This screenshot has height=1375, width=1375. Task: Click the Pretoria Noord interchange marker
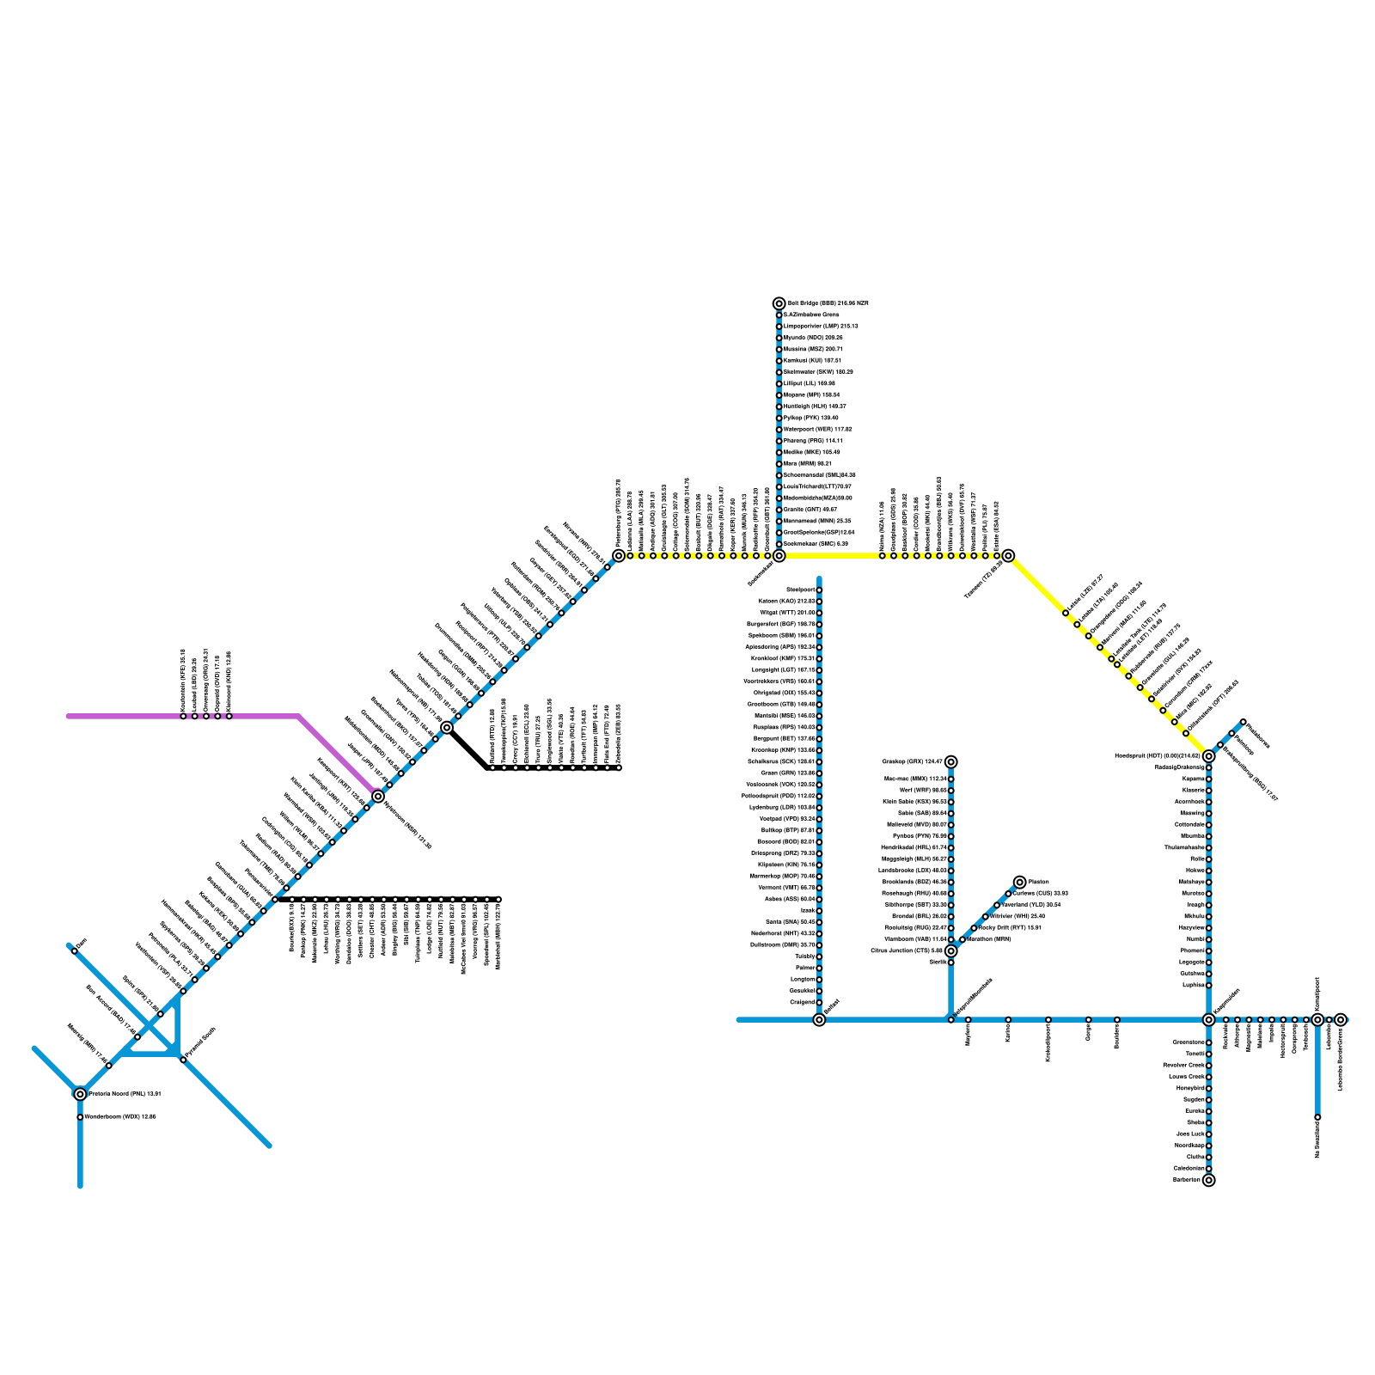[80, 1094]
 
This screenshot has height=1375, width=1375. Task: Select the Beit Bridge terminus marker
[779, 303]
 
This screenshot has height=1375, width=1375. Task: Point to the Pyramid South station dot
[183, 1060]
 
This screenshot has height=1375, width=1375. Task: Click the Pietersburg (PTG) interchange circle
[619, 555]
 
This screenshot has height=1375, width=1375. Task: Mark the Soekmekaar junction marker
[779, 555]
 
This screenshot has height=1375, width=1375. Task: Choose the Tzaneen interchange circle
[1008, 555]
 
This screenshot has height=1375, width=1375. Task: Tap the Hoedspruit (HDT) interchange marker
[1208, 756]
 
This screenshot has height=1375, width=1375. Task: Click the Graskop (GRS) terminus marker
[950, 761]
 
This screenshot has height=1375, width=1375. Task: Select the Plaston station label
[1038, 883]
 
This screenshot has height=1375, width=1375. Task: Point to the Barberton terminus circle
[1208, 1180]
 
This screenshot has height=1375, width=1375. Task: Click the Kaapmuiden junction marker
[1208, 1019]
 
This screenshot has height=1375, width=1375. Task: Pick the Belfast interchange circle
[819, 1019]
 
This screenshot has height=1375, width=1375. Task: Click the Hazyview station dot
[1208, 928]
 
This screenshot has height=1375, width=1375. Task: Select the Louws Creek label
[1187, 1077]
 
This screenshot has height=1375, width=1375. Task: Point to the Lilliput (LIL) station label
[797, 383]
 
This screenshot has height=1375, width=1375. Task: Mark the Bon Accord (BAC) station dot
[137, 1037]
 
